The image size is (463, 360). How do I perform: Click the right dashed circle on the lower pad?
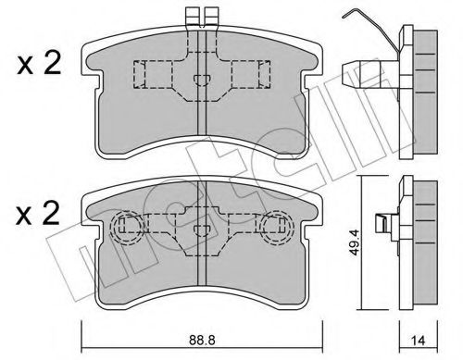pyautogui.click(x=275, y=227)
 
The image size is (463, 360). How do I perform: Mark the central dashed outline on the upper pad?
pyautogui.click(x=199, y=79)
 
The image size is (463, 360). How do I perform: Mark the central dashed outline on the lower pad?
pyautogui.click(x=200, y=231)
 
